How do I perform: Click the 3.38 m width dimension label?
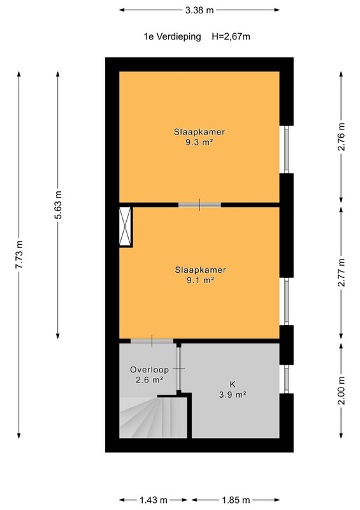[199, 10]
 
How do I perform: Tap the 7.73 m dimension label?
[19, 254]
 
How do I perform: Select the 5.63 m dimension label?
[58, 205]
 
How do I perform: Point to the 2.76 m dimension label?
[341, 137]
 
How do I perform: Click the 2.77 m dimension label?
[341, 273]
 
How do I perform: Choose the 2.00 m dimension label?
[341, 390]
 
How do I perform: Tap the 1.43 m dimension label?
[154, 500]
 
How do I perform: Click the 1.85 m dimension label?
[236, 500]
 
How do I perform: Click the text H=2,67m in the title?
[231, 36]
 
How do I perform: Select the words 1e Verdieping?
[173, 36]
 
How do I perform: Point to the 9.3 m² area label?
[199, 142]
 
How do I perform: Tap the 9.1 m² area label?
[200, 280]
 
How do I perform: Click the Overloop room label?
[149, 370]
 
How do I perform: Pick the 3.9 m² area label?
[233, 395]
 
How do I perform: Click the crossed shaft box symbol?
[125, 226]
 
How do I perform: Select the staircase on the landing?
[153, 417]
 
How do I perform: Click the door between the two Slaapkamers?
[199, 205]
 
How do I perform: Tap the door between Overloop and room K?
[178, 369]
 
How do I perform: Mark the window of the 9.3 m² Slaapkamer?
[287, 149]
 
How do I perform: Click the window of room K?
[287, 379]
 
